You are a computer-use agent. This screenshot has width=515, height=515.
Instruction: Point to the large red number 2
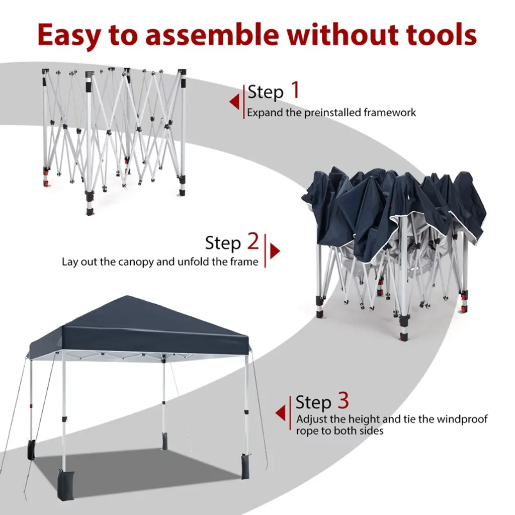click(253, 241)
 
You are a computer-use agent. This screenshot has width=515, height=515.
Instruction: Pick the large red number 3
click(343, 401)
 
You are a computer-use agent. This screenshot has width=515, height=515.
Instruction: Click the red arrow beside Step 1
click(234, 102)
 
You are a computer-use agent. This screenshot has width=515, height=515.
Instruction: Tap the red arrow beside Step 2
click(275, 251)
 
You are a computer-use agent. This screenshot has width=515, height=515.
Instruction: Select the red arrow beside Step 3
click(280, 413)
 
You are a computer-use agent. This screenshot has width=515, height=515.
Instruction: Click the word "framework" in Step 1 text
click(390, 113)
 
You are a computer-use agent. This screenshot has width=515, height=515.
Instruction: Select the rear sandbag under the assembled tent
click(164, 442)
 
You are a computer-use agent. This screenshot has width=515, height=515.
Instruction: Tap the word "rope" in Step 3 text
click(307, 431)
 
